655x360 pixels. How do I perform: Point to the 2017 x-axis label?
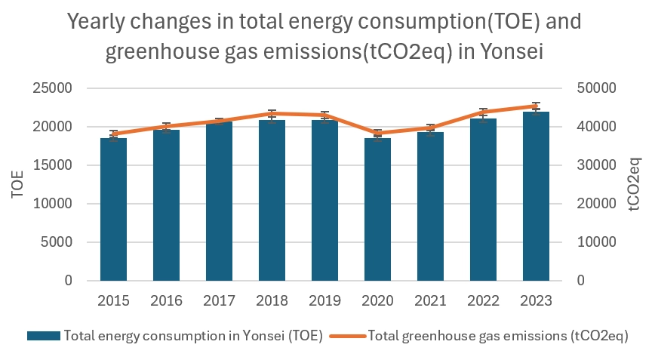pyautogui.click(x=219, y=300)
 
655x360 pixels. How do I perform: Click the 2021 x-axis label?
pyautogui.click(x=430, y=300)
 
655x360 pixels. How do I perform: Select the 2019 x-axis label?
pyautogui.click(x=324, y=300)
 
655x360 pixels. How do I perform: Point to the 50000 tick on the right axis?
pyautogui.click(x=596, y=88)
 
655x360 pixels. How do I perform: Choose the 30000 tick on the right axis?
pyautogui.click(x=596, y=165)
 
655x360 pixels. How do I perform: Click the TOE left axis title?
pyautogui.click(x=17, y=185)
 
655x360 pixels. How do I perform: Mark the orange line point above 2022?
pyautogui.click(x=483, y=112)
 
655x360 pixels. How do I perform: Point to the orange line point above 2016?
pyautogui.click(x=166, y=127)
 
